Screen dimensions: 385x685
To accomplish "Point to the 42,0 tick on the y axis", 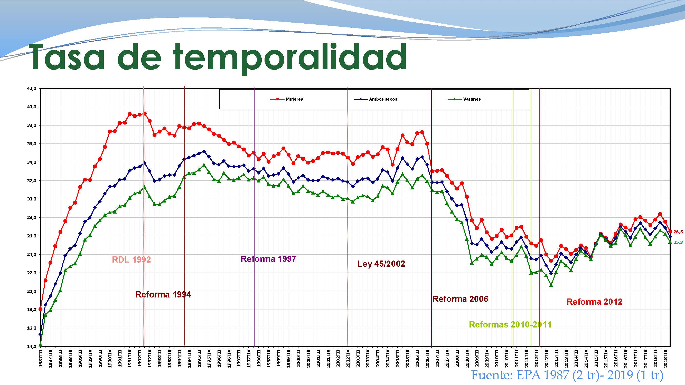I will pos(32,89).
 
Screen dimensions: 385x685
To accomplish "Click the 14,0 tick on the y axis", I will pos(32,346).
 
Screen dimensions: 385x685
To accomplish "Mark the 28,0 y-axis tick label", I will pos(32,218).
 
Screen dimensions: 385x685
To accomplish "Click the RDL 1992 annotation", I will pos(131,259).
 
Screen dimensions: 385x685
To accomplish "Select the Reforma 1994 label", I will pos(163,295).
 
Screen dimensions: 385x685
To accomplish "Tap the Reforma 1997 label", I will pos(268,259).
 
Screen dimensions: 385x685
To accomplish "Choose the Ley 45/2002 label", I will pos(381,264).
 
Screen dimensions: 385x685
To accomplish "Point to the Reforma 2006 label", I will pos(460,299).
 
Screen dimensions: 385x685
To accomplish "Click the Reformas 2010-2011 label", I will pos(510,325).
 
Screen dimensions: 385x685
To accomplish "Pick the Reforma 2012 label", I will pos(594,302).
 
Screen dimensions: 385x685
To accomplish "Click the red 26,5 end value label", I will pos(678,232).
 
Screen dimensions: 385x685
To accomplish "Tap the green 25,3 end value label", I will pos(678,242).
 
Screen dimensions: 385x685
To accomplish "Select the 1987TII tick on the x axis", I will pos(41,359).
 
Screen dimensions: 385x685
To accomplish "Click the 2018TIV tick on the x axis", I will pos(665,359).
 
